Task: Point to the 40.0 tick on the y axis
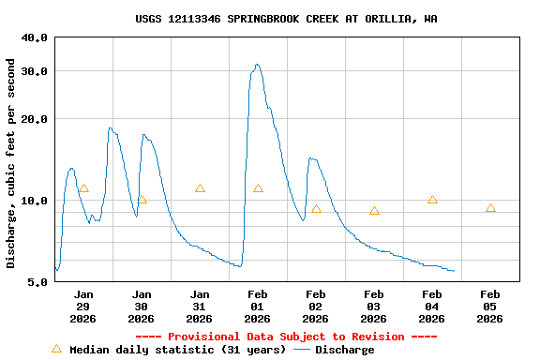34,37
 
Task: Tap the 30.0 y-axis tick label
34,71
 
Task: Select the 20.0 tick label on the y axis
34,119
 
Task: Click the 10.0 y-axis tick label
34,201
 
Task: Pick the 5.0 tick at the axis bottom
37,281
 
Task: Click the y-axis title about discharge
11,163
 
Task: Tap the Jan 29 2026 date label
83,306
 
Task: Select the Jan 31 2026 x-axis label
200,306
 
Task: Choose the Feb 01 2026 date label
258,306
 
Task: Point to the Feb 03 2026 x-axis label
374,306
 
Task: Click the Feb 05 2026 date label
490,306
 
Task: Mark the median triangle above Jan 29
83,188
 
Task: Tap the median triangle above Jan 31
200,188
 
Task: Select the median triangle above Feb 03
374,211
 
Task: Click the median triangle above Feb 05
490,208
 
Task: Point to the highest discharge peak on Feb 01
257,65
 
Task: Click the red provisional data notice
286,337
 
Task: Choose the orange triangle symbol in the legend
56,349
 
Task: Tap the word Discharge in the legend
344,350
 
